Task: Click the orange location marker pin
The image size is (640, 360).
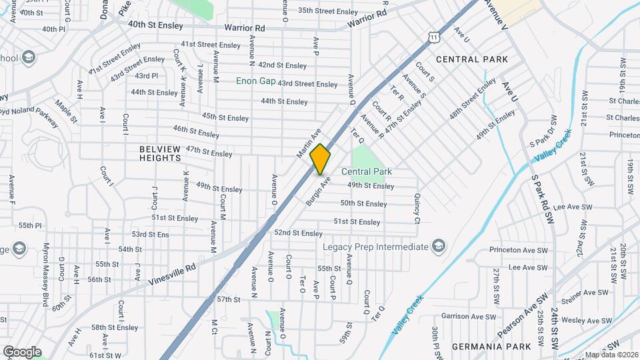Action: [x=321, y=159]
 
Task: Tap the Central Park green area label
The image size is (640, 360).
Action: [x=366, y=171]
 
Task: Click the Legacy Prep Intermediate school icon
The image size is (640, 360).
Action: [x=438, y=247]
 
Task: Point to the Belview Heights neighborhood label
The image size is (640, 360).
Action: [x=160, y=153]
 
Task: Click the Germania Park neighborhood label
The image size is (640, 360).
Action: [x=491, y=347]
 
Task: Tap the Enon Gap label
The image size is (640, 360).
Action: [x=255, y=81]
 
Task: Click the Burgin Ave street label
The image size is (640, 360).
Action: [x=318, y=191]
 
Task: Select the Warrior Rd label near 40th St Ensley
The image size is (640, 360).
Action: [x=245, y=28]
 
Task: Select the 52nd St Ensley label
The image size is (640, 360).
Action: [x=298, y=233]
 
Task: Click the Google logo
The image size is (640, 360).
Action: [x=22, y=351]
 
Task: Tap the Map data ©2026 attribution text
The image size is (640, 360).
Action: [x=611, y=355]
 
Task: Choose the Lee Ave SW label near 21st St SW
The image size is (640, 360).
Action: [x=568, y=207]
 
